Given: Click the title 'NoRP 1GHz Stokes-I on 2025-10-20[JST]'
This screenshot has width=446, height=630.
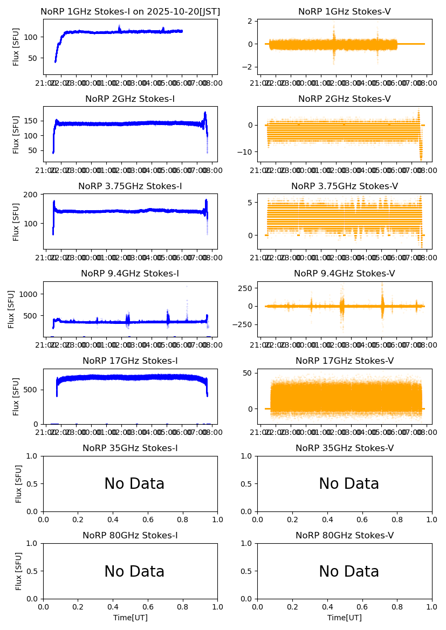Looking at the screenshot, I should (x=130, y=11).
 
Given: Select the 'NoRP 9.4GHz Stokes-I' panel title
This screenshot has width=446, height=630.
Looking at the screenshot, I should (x=130, y=273).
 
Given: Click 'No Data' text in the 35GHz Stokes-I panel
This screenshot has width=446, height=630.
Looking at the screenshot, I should (x=134, y=484).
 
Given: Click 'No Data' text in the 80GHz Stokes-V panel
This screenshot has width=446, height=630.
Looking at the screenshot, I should (x=349, y=571).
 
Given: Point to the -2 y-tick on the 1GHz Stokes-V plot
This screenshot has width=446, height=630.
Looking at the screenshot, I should (x=248, y=67).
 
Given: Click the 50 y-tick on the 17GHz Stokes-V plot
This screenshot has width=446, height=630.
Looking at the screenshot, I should (x=248, y=372).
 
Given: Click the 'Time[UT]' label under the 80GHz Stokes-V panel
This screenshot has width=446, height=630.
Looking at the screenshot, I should (x=344, y=618).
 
